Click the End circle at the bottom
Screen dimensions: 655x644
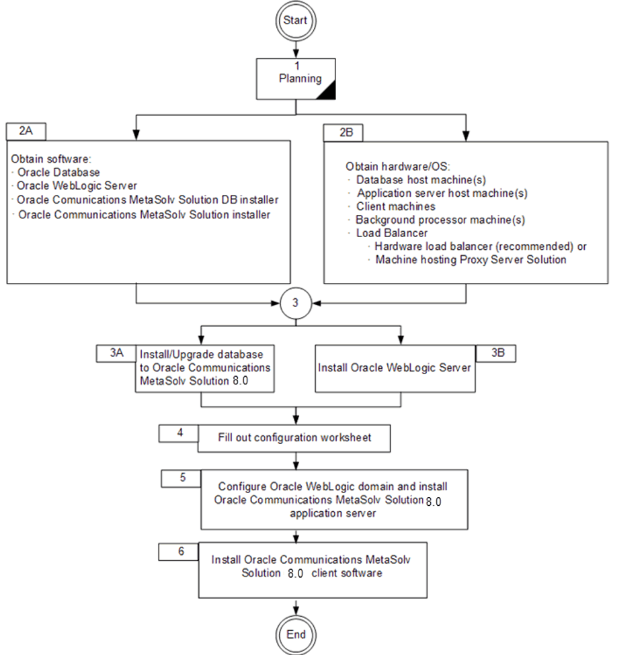(296, 634)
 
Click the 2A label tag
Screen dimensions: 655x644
(26, 131)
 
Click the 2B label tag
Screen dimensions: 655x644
(344, 132)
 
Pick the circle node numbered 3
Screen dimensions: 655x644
(296, 303)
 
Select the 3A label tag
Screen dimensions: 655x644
(117, 353)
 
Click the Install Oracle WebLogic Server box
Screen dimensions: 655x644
(395, 368)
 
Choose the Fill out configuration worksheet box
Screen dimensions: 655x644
(294, 437)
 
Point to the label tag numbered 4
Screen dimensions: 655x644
(179, 433)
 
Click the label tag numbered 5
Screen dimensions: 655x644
(182, 478)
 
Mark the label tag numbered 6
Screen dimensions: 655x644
(180, 551)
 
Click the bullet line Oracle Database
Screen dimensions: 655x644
(58, 173)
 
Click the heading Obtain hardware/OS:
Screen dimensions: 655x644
(389, 166)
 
